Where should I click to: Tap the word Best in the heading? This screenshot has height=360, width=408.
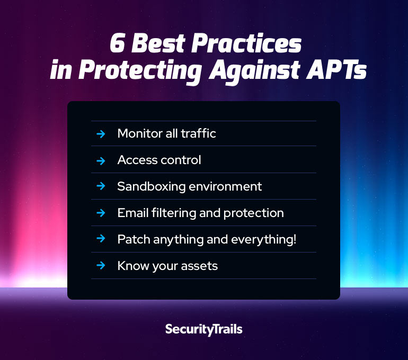click(x=158, y=43)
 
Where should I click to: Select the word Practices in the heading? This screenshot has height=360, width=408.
click(x=246, y=43)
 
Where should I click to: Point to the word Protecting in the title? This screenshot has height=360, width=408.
click(x=140, y=70)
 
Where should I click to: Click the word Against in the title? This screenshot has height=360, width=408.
click(x=254, y=70)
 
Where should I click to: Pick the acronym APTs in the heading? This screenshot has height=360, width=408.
click(x=336, y=69)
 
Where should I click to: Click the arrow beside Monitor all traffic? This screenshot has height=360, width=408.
click(x=101, y=134)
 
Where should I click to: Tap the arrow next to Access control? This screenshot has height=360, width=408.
click(x=101, y=161)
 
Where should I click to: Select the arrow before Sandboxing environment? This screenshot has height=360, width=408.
click(x=101, y=186)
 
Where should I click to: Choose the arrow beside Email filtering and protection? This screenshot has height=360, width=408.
click(x=101, y=213)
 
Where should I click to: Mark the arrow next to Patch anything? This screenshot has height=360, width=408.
click(x=101, y=238)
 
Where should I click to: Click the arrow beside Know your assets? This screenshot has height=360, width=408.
click(x=101, y=265)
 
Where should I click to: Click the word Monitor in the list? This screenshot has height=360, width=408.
click(x=140, y=133)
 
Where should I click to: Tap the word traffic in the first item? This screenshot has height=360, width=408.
click(x=198, y=133)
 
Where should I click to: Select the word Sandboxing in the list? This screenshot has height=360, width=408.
click(x=151, y=186)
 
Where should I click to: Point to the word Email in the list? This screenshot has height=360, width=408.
click(x=133, y=213)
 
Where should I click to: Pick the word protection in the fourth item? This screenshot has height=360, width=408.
click(x=253, y=213)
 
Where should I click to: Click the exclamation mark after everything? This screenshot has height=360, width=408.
click(x=295, y=239)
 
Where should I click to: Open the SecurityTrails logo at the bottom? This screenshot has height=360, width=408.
click(x=204, y=330)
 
